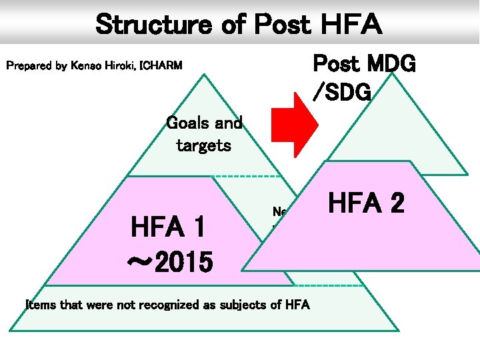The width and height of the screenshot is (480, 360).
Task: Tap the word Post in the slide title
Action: tap(279, 25)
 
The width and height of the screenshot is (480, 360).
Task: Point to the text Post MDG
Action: tap(364, 65)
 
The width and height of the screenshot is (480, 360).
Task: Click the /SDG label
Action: tap(341, 93)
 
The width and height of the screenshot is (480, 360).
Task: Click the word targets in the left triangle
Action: tap(203, 145)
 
